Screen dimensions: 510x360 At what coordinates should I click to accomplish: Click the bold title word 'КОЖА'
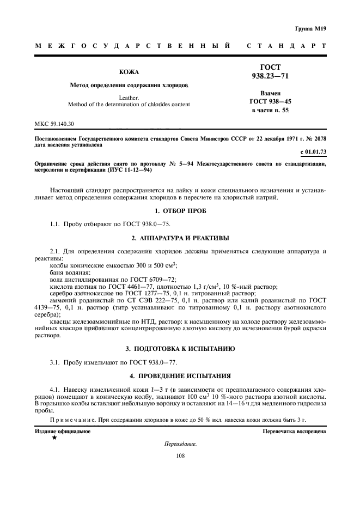coord(129,72)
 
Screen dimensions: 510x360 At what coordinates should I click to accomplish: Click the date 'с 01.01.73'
coord(313,151)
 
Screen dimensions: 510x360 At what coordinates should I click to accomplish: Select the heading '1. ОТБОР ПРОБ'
coord(180,210)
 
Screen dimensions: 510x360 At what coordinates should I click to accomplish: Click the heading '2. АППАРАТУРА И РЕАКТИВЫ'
coord(180,238)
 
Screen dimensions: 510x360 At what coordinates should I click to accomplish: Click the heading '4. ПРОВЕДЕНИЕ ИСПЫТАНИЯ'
coord(180,375)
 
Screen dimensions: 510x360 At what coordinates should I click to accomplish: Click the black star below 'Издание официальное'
coord(54,438)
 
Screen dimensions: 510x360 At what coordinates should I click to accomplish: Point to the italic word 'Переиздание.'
coord(180,444)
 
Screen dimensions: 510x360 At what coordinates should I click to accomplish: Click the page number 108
coord(180,457)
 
